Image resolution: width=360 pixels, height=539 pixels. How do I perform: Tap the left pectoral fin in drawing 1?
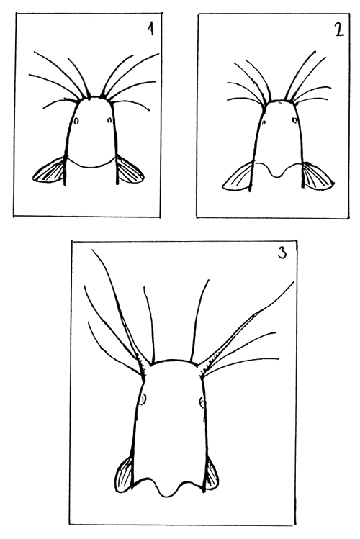coord(51,171)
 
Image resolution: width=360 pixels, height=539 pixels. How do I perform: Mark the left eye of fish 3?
coord(143,398)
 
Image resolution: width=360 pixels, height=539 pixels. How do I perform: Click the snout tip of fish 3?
coord(171,359)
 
